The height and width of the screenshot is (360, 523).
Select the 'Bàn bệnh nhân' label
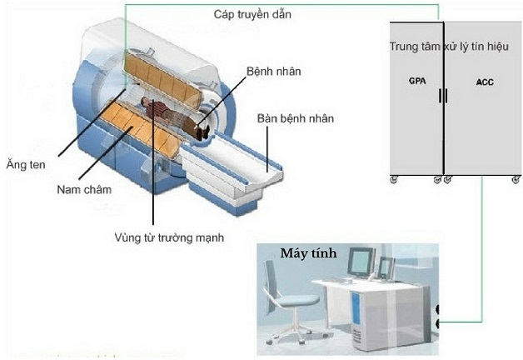[x=296, y=118]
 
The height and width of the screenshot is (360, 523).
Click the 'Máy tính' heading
[x=308, y=253]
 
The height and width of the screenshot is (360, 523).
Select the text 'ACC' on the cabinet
[x=484, y=82]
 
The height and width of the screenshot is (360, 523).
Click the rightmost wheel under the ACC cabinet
[x=516, y=179]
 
